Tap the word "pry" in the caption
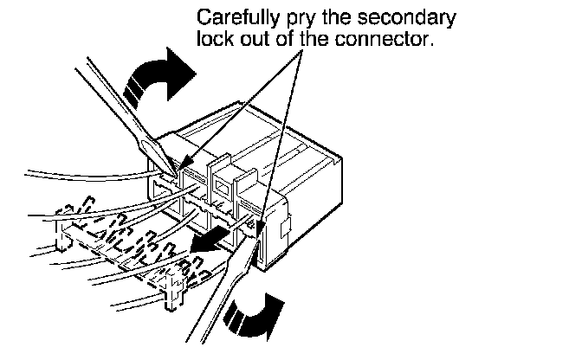pos(284,18)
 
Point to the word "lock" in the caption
pos(213,39)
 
